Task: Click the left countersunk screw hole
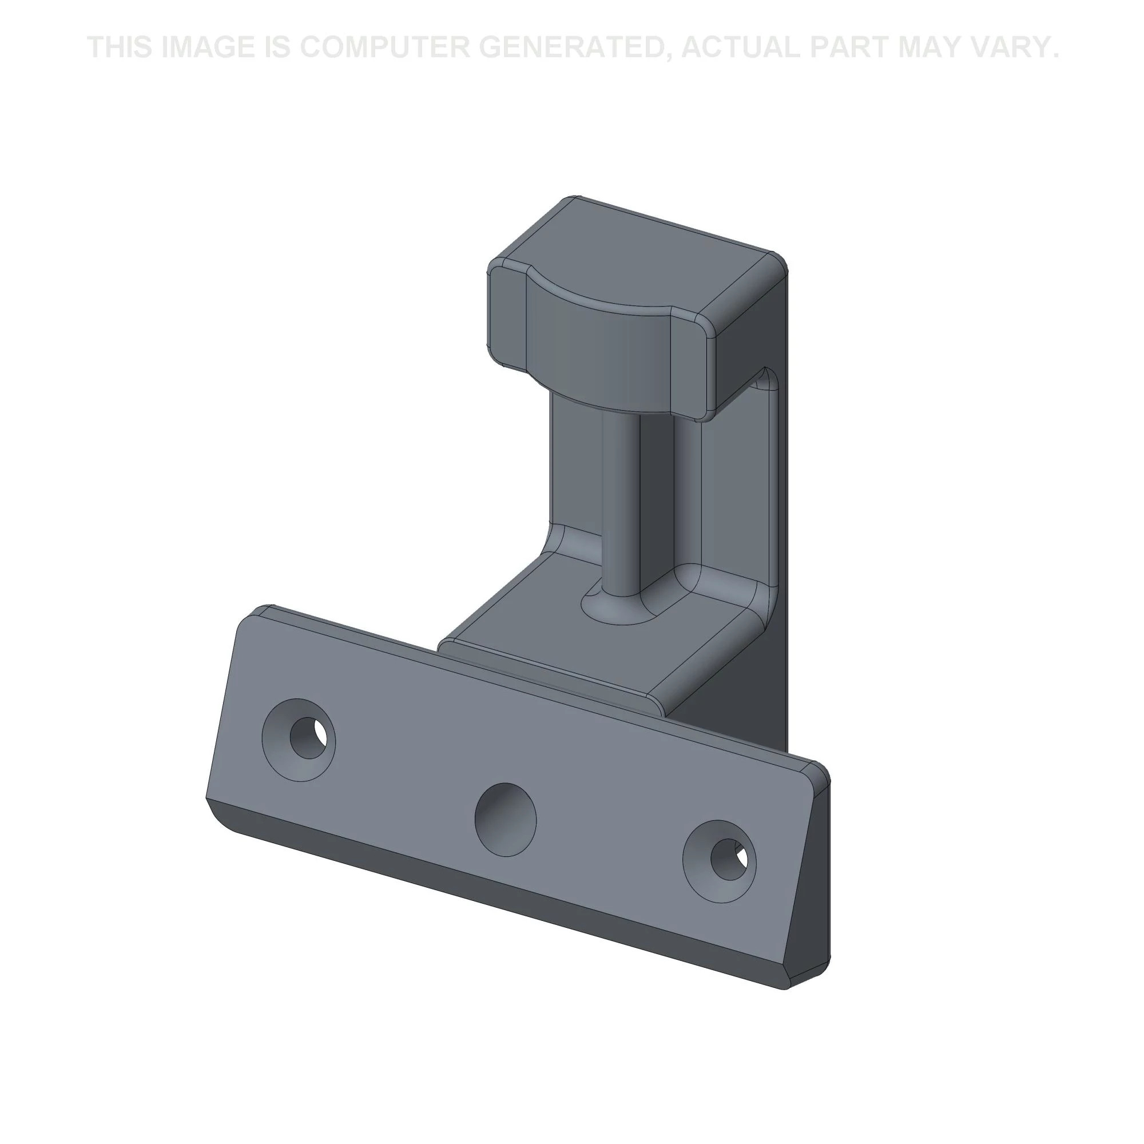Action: (299, 740)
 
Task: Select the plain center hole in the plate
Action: (506, 820)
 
